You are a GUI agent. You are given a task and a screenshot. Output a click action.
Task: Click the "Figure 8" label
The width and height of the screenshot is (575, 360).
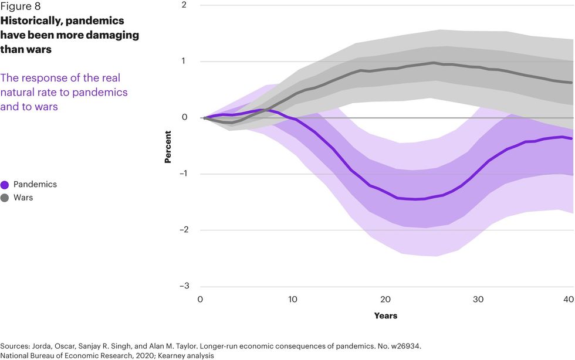tap(21, 7)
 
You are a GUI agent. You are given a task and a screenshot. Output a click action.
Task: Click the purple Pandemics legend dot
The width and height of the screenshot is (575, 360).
tap(5, 185)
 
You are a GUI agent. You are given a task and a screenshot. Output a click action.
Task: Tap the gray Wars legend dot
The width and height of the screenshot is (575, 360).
tap(5, 198)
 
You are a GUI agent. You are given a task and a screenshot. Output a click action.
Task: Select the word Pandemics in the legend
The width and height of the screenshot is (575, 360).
tap(35, 185)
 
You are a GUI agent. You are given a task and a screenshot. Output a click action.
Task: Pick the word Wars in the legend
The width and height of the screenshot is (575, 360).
tap(23, 198)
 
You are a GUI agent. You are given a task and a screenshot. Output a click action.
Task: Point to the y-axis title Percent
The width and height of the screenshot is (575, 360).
tap(168, 146)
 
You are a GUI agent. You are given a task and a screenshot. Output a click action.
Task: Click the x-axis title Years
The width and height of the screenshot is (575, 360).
tap(385, 316)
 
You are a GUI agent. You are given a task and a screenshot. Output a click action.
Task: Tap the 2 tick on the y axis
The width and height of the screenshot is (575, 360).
tap(184, 5)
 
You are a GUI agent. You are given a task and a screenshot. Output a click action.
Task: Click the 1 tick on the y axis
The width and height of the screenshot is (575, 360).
tap(184, 62)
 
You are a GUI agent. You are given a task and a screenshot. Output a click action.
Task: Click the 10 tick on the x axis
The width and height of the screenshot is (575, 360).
tap(293, 300)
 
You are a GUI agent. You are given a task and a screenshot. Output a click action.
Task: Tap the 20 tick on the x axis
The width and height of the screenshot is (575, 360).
tap(385, 300)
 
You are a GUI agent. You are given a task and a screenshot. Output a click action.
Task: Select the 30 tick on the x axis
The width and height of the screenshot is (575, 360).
tap(478, 300)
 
